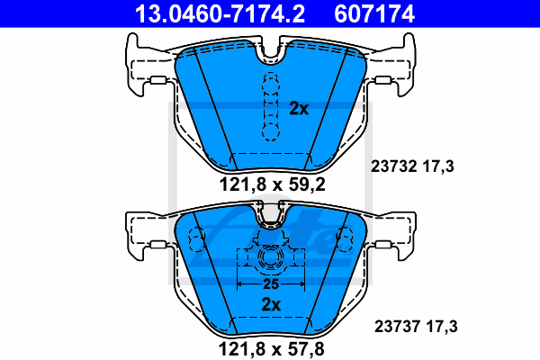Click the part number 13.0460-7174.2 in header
coord(220,13)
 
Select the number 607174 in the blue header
coord(374,13)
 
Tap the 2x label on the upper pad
coord(299,109)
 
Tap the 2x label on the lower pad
coord(271,304)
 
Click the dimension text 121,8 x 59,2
coord(272,185)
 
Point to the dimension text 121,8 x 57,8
coord(272,349)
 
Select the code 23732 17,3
coord(412,166)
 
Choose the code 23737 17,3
coord(416,326)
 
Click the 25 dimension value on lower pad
coord(271,284)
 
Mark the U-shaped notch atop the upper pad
coord(271,51)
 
